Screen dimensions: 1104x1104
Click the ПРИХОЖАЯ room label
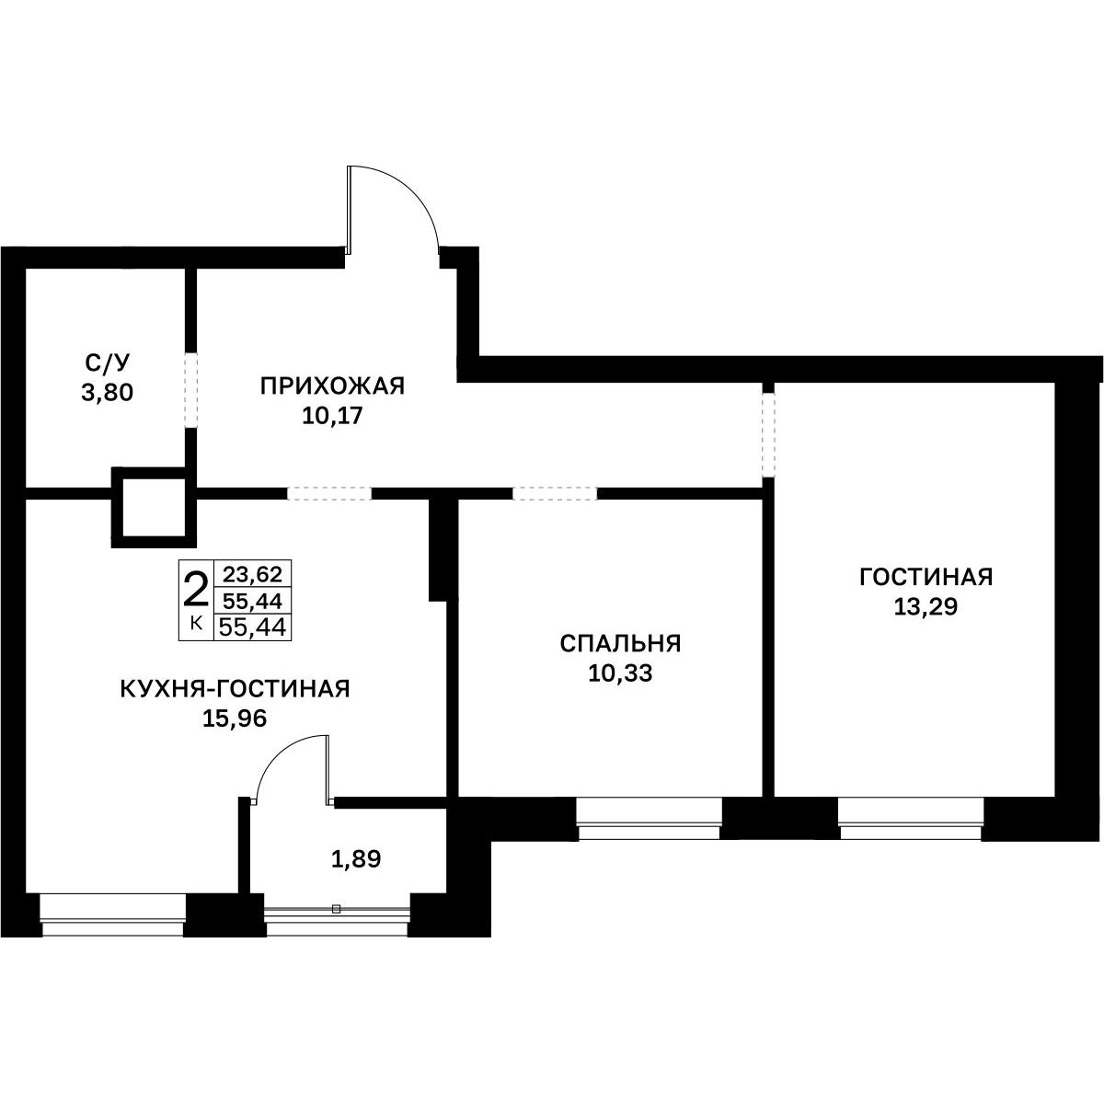tap(332, 386)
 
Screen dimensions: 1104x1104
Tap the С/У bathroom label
tap(108, 362)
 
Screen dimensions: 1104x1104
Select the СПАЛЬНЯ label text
tap(620, 644)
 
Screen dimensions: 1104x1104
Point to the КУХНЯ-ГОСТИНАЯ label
tap(235, 689)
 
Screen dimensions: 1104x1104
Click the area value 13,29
tap(926, 606)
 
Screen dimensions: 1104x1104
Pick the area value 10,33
tap(620, 673)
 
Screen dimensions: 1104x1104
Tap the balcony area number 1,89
tap(356, 859)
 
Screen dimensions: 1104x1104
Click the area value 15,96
tap(235, 719)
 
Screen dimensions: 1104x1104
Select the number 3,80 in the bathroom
tap(107, 393)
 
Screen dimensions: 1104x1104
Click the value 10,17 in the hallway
tap(332, 416)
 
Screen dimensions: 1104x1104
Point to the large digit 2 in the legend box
tap(195, 591)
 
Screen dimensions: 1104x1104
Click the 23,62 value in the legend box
tap(253, 573)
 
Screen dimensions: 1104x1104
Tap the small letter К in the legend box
tap(195, 624)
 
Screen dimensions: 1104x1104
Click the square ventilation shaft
tap(154, 507)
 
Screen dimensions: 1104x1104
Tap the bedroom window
tap(649, 819)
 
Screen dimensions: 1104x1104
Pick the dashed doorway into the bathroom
tap(190, 390)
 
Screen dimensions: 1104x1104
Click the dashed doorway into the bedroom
tap(555, 493)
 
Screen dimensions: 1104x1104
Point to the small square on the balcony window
tap(337, 909)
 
